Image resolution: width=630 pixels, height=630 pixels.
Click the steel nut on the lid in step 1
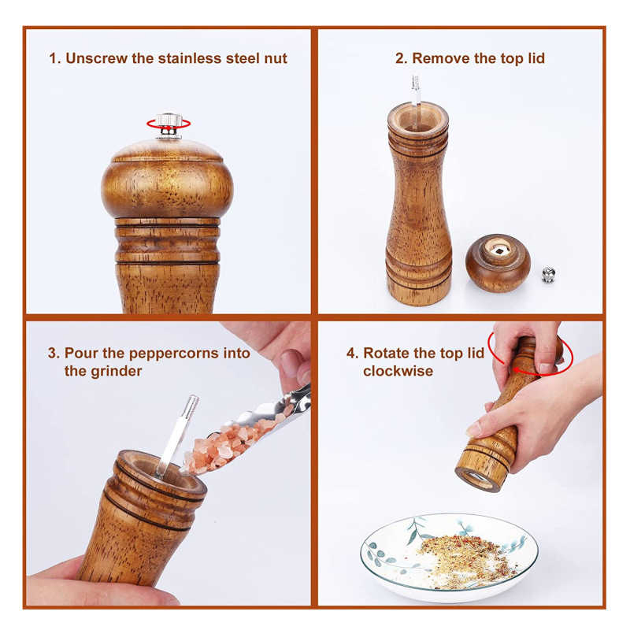pyautogui.click(x=168, y=120)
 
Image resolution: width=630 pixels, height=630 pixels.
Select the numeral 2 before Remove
pyautogui.click(x=398, y=58)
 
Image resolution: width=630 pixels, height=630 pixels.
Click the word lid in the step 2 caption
pyautogui.click(x=535, y=58)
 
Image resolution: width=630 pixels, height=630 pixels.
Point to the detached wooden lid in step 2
pyautogui.click(x=497, y=262)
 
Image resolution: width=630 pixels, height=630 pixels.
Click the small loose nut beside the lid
pyautogui.click(x=549, y=275)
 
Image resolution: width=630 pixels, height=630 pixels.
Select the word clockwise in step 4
pyautogui.click(x=398, y=371)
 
